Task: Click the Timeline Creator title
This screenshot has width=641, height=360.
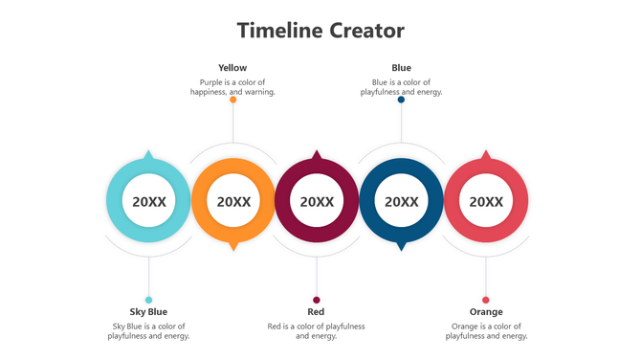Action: click(x=320, y=31)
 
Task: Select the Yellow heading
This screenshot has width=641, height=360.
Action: click(x=232, y=68)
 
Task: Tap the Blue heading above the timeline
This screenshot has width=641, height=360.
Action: click(x=402, y=68)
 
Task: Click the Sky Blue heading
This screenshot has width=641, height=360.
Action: click(x=148, y=311)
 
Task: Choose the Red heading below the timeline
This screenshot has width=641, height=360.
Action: click(x=316, y=311)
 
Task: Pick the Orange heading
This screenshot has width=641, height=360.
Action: click(x=486, y=311)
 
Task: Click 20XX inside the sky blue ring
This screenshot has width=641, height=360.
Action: click(x=148, y=202)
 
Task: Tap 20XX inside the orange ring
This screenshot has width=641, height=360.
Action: click(x=233, y=202)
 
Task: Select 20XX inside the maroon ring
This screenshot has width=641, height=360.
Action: click(x=317, y=202)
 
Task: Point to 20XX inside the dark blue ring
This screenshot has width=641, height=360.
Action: click(x=401, y=202)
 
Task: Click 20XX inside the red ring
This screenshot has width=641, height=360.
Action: click(x=486, y=202)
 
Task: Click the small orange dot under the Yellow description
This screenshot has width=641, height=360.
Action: click(x=233, y=100)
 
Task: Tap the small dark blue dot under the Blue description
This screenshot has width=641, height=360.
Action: click(x=402, y=100)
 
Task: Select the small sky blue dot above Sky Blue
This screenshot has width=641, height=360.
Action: click(x=148, y=300)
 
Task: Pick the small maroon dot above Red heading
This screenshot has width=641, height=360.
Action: click(x=317, y=300)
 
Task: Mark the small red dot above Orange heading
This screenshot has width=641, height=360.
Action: click(x=486, y=300)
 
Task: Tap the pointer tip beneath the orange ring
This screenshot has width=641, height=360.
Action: click(x=233, y=250)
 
